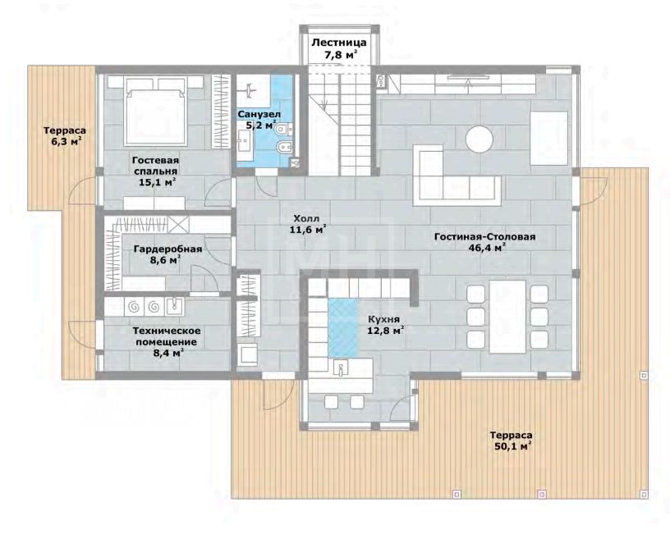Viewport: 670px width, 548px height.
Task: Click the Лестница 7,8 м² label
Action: pos(338,48)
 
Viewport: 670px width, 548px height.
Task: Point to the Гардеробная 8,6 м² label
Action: pos(167,254)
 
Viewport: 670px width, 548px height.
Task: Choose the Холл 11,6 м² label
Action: pos(308,224)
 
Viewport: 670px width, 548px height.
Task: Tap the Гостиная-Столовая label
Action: pos(484,236)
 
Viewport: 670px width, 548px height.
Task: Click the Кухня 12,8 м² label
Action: pos(385,325)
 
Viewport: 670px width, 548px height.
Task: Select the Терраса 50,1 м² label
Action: pos(511,441)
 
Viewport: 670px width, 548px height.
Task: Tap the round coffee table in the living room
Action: pos(480,139)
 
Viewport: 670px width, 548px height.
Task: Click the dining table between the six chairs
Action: pos(507,317)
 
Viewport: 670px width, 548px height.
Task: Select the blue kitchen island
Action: pos(343,327)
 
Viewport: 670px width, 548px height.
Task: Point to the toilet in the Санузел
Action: pos(282,128)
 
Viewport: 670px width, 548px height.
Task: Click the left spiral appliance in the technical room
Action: pos(133,306)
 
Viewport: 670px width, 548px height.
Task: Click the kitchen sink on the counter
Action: pos(341,367)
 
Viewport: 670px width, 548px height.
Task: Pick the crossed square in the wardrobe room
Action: pos(178,224)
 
